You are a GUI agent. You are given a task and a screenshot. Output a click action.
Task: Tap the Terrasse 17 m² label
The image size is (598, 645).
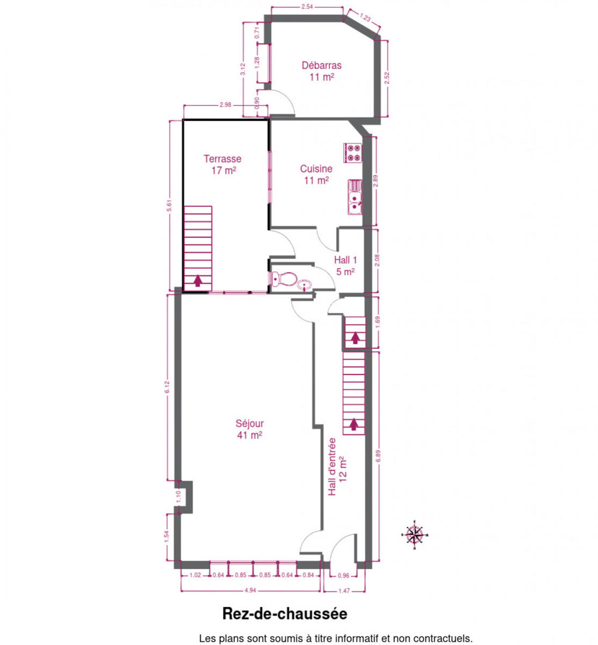223,164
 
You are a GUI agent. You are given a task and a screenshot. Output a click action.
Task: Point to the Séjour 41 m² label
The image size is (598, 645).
249,429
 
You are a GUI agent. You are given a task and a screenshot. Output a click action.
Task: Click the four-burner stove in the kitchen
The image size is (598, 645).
352,153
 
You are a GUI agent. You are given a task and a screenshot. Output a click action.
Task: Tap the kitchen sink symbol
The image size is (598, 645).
355,197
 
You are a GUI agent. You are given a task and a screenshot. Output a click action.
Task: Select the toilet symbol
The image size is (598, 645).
283,279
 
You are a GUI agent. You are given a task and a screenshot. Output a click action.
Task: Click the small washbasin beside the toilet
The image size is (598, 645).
305,285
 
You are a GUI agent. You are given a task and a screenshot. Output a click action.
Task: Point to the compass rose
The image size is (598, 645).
415,535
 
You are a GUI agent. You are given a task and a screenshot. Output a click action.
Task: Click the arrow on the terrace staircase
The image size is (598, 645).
198,281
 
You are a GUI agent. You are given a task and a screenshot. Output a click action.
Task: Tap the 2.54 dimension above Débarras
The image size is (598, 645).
307,6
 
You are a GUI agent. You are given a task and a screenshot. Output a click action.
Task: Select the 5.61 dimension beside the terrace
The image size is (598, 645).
169,205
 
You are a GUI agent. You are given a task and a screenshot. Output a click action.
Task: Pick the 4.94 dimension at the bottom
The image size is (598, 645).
250,590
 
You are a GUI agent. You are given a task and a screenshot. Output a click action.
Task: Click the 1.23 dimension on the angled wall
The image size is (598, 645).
365,17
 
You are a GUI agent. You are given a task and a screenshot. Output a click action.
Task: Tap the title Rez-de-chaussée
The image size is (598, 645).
285,614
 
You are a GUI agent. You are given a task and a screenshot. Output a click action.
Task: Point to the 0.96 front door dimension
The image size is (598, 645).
343,576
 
